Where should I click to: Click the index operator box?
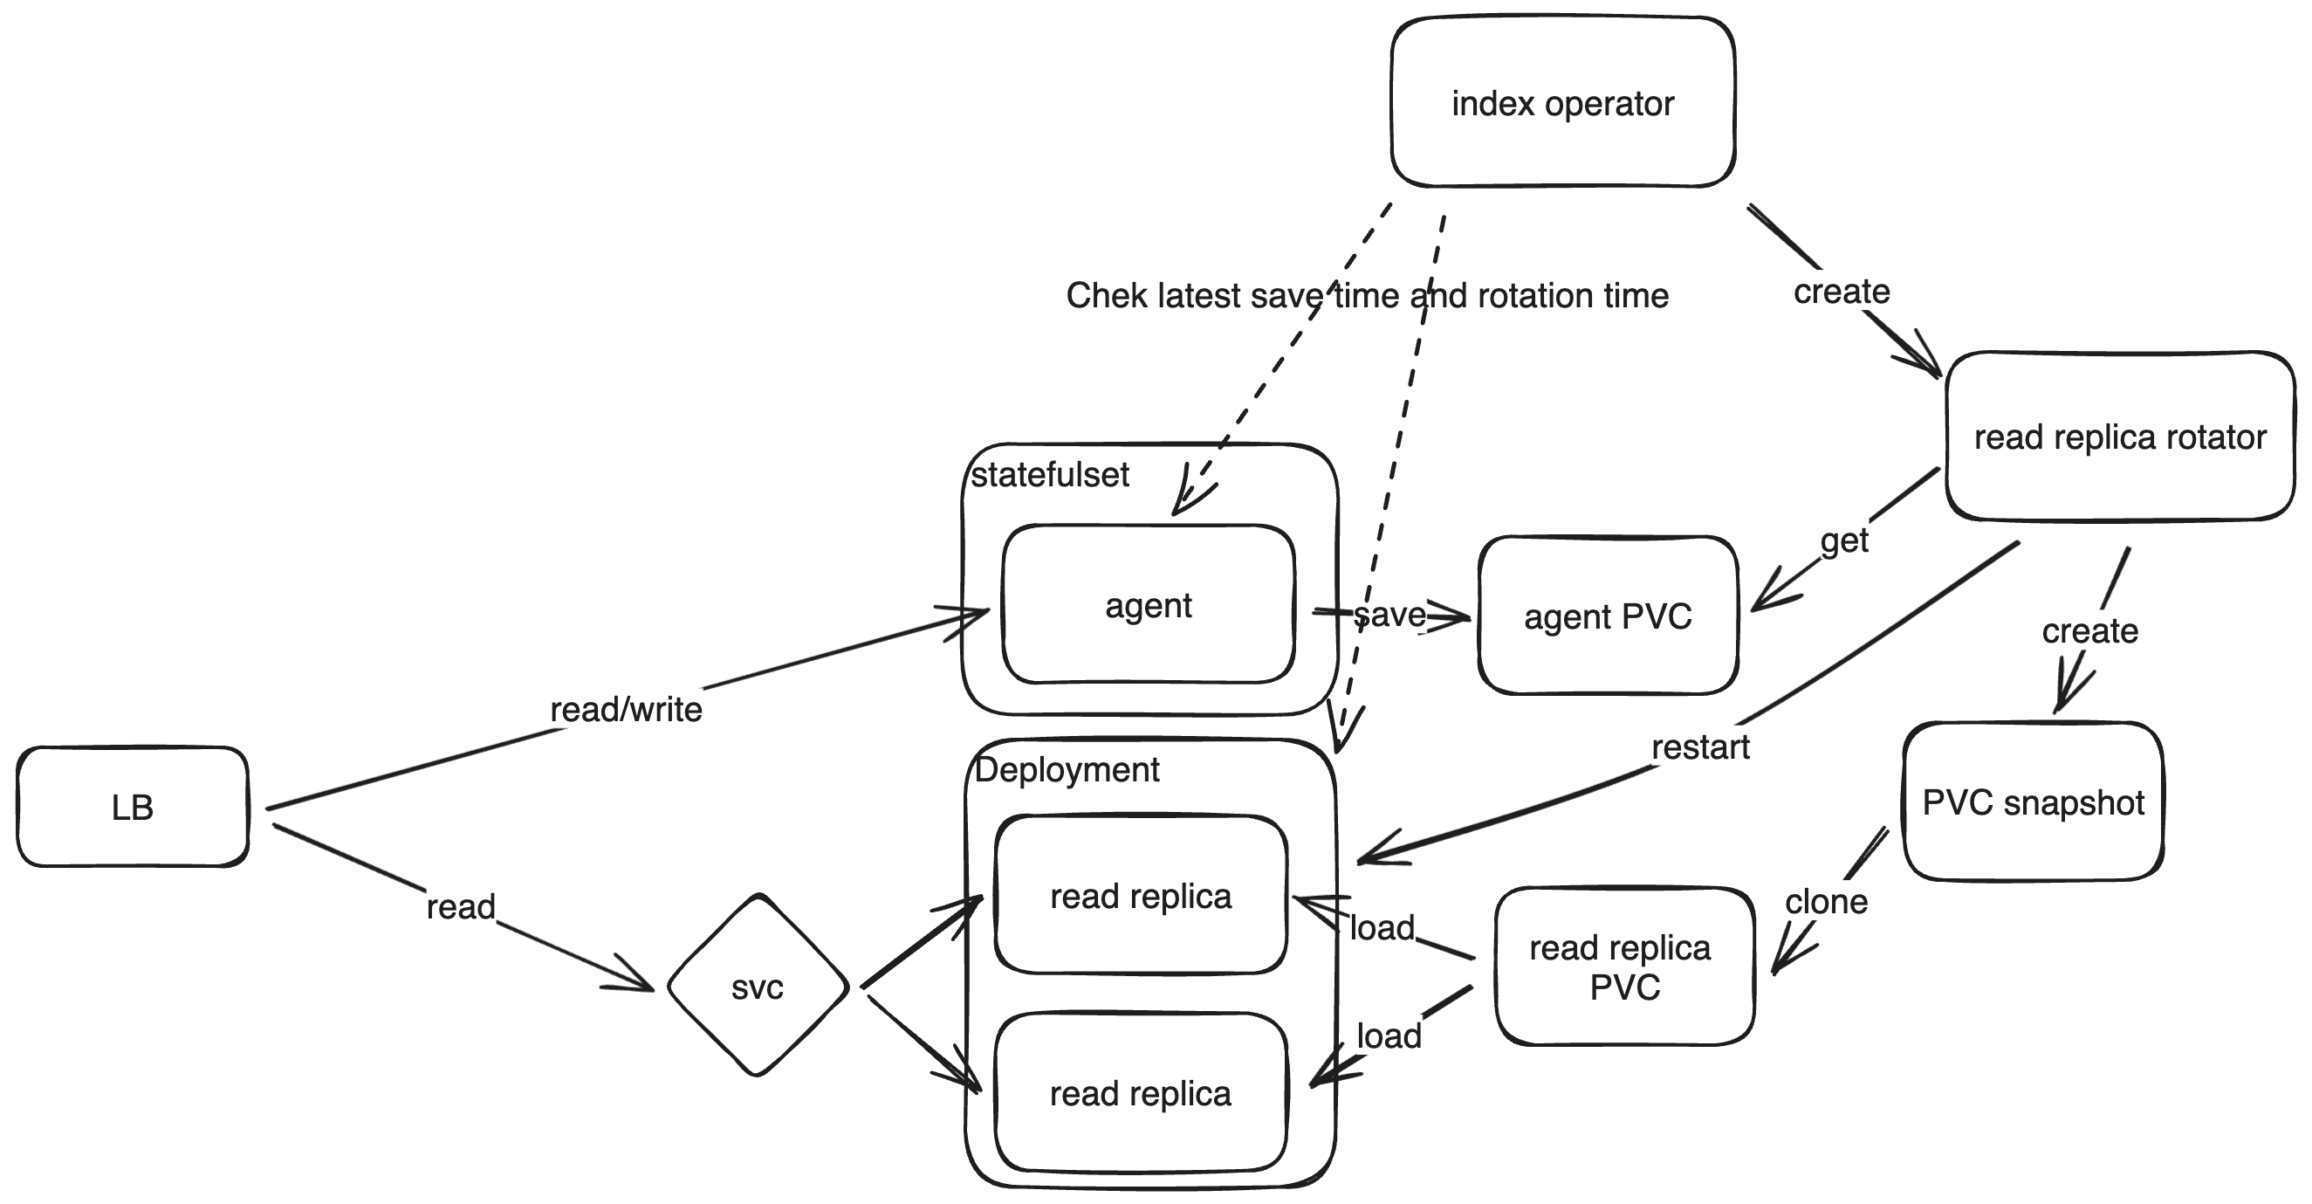pos(1561,103)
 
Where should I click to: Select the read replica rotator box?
pos(2119,437)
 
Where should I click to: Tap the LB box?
pos(132,807)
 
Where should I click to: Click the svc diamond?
pos(758,987)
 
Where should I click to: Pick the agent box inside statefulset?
pos(1148,605)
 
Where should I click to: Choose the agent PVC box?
pos(1608,616)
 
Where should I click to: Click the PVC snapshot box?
pos(2033,802)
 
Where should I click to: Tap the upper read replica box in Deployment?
pos(1141,896)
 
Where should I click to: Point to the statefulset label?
pos(1049,475)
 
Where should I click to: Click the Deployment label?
pos(1067,769)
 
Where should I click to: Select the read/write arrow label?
pos(626,709)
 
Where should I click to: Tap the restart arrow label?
pos(1700,747)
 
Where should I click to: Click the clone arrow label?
pos(1826,901)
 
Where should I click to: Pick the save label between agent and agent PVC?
pos(1389,614)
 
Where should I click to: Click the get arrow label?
pos(1843,540)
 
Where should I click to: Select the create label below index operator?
pos(1841,291)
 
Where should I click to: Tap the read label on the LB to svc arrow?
pos(461,907)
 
